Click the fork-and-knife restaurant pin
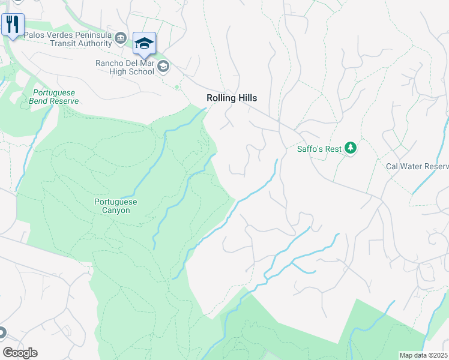[x=13, y=25]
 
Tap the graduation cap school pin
[x=144, y=43]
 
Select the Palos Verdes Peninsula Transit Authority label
[x=68, y=39]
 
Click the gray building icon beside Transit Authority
[x=121, y=39]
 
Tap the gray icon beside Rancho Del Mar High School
[x=162, y=67]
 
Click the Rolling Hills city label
[x=232, y=98]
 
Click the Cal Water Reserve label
[x=417, y=166]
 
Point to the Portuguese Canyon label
[x=116, y=206]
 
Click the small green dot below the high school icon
[x=176, y=87]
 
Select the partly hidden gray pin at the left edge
[x=2, y=332]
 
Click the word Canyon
[x=116, y=211]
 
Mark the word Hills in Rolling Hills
[x=247, y=98]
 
